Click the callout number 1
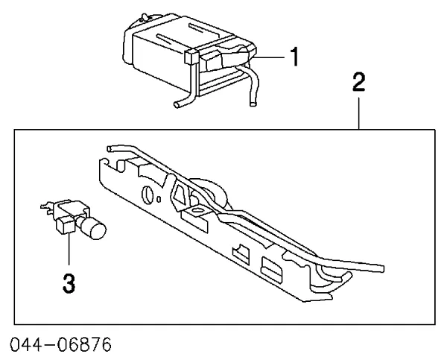coord(294,57)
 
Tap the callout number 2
coord(358,82)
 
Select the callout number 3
coord(69,283)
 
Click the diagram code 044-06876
coord(60,344)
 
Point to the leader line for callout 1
coord(268,57)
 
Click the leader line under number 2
coord(359,113)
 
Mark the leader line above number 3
coord(69,249)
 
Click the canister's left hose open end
coord(177,104)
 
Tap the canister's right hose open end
coord(253,104)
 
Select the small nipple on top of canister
coord(145,16)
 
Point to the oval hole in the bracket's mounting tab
coord(197,211)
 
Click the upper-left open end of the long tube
coord(110,148)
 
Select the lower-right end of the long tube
coord(381,268)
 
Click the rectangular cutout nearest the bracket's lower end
coord(272,267)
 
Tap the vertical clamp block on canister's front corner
coord(191,57)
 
